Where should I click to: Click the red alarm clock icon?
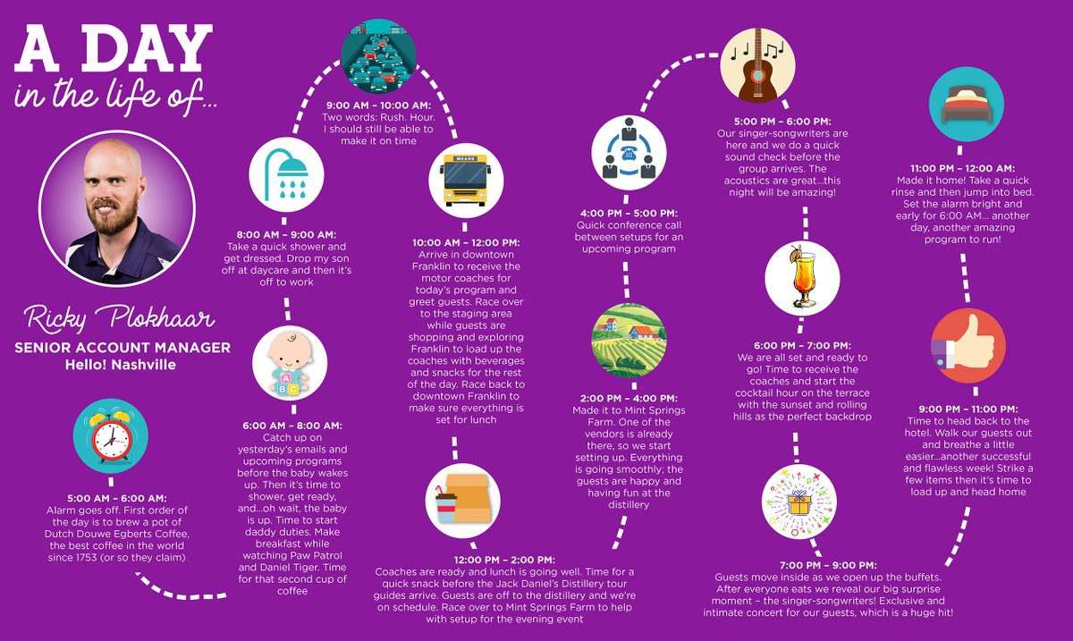pyautogui.click(x=111, y=436)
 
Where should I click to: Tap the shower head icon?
pyautogui.click(x=286, y=174)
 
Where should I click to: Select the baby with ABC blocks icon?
pyautogui.click(x=290, y=363)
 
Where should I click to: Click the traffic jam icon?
pyautogui.click(x=378, y=56)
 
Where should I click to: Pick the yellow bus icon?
pyautogui.click(x=466, y=180)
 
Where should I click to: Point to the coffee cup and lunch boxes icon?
pyautogui.click(x=463, y=501)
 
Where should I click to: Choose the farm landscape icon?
pyautogui.click(x=629, y=340)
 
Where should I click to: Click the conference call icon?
pyautogui.click(x=629, y=152)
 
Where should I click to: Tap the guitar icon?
pyautogui.click(x=758, y=64)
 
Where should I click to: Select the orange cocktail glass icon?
pyautogui.click(x=802, y=278)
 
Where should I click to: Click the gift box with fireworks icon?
pyautogui.click(x=799, y=502)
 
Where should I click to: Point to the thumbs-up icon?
pyautogui.click(x=968, y=345)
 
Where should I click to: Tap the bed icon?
pyautogui.click(x=967, y=104)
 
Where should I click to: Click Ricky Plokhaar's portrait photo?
pyautogui.click(x=117, y=208)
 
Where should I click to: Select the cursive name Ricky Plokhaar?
pyautogui.click(x=119, y=318)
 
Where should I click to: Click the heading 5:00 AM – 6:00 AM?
pyautogui.click(x=117, y=498)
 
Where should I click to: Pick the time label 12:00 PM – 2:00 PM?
pyautogui.click(x=505, y=560)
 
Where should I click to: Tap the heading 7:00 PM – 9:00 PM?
pyautogui.click(x=828, y=565)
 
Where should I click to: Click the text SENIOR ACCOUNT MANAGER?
pyautogui.click(x=123, y=348)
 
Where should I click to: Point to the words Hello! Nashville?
pyautogui.click(x=121, y=365)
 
